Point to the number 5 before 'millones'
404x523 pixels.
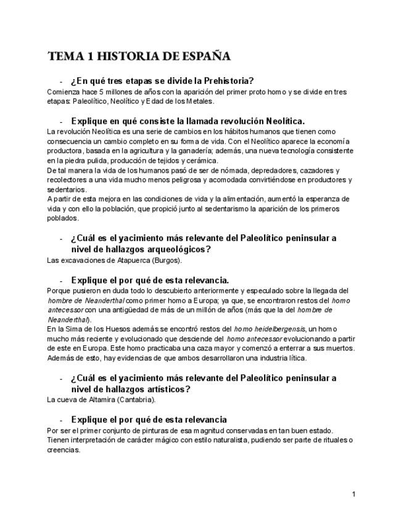tap(101, 92)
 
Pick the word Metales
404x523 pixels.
tap(197, 101)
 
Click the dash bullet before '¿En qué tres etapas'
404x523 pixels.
tap(61, 81)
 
